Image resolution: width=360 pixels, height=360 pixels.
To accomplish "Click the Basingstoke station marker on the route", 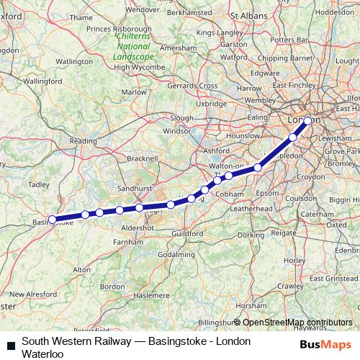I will click(x=53, y=220).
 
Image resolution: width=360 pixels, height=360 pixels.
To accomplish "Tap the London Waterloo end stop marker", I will click(x=307, y=121).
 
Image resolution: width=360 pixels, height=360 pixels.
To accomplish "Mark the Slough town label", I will click(x=182, y=117).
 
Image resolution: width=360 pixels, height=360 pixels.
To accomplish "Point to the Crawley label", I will click(x=289, y=286).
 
